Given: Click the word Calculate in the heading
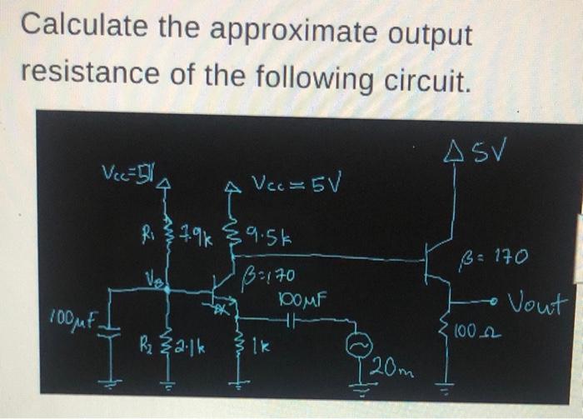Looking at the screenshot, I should point(74,27).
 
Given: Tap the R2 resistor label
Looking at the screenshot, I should point(149,342).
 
